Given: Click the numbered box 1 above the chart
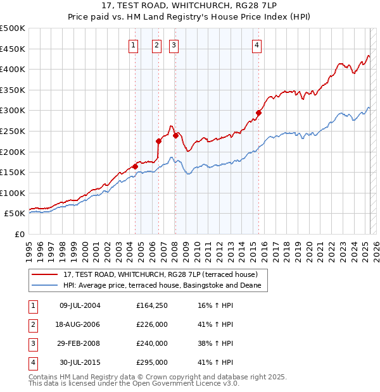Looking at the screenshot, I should (134, 45).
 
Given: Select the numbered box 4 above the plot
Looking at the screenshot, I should (256, 45).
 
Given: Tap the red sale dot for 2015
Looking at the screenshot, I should (258, 113).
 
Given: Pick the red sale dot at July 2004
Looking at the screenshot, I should (135, 166).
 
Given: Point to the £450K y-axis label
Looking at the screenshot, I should (13, 49).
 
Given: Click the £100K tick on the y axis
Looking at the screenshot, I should (13, 193).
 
